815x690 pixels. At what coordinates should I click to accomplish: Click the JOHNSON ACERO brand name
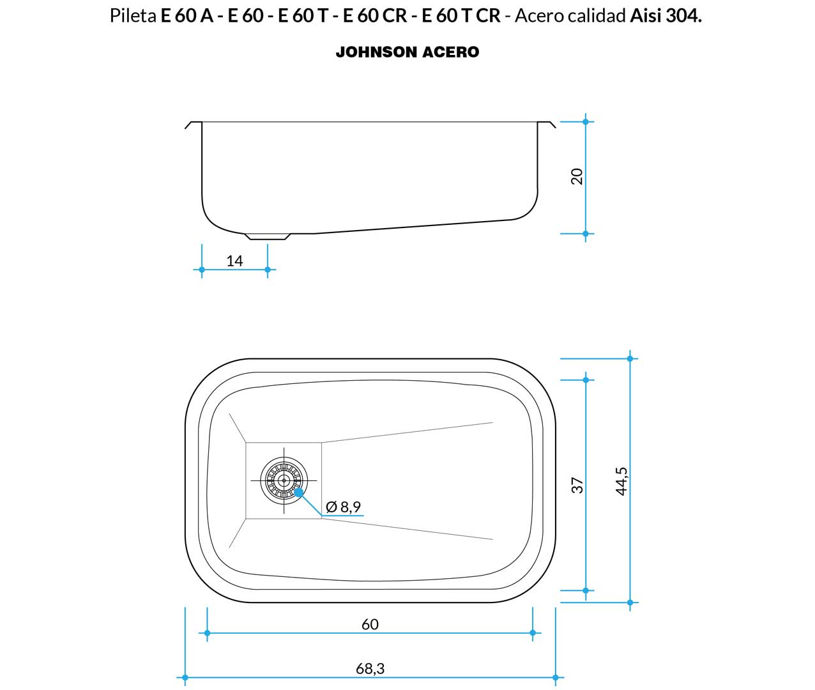(407, 52)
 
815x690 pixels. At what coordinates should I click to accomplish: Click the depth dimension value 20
(577, 176)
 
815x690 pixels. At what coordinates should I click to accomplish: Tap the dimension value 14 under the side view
(234, 261)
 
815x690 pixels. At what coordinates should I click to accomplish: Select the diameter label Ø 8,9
(344, 507)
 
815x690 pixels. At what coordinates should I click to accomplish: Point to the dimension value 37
(577, 486)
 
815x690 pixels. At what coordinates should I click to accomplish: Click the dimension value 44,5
(621, 481)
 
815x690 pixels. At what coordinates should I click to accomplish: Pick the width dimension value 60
(370, 624)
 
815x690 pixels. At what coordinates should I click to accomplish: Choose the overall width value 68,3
(370, 669)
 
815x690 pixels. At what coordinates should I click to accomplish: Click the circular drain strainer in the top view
(284, 480)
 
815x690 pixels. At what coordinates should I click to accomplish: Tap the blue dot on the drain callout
(299, 493)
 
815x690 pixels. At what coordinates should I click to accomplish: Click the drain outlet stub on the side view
(268, 236)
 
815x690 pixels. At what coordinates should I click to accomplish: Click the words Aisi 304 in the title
(665, 16)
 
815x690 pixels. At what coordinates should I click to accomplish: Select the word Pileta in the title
(133, 16)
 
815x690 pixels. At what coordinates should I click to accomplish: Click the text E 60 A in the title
(187, 16)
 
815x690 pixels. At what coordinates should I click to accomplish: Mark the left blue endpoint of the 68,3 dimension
(185, 678)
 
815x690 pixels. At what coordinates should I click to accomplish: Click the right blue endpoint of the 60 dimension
(533, 633)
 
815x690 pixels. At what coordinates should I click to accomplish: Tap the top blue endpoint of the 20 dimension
(586, 122)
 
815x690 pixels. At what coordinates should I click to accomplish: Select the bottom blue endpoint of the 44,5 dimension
(630, 603)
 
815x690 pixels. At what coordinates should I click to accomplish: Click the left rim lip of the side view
(193, 125)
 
